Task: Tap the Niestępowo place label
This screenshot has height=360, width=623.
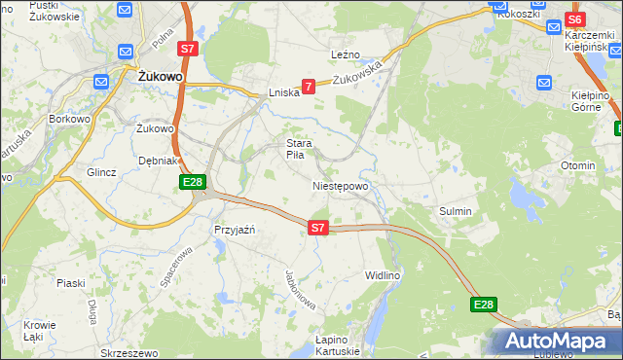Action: (x=340, y=186)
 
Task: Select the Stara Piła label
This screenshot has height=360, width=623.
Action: (x=298, y=149)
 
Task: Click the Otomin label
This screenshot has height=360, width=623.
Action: (x=577, y=165)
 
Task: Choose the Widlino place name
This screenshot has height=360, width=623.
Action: (x=383, y=276)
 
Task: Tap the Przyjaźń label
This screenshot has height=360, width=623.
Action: (x=234, y=230)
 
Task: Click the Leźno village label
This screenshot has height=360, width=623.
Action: (x=346, y=54)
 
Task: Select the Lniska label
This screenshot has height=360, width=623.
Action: (x=283, y=93)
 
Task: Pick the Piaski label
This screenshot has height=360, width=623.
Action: (x=71, y=283)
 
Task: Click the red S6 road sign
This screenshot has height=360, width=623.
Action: (x=574, y=19)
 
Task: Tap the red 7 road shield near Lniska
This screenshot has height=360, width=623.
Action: (x=309, y=87)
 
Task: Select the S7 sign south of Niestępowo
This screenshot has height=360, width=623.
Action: (x=317, y=228)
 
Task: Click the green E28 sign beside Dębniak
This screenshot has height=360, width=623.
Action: (x=192, y=182)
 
